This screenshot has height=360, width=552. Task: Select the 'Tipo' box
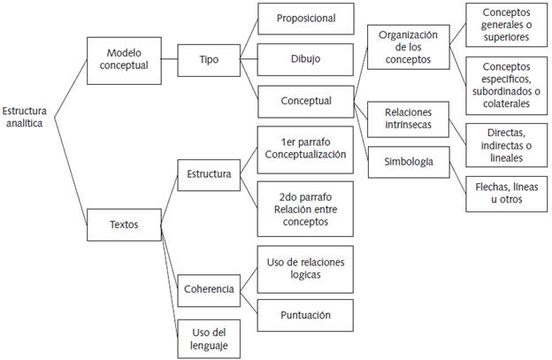(x=209, y=60)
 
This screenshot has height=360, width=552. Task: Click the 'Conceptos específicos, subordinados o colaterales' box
(x=507, y=84)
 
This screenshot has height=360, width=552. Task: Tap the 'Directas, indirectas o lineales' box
(x=507, y=143)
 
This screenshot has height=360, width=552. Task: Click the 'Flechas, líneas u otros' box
(x=507, y=192)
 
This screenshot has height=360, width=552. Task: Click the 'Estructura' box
(x=209, y=174)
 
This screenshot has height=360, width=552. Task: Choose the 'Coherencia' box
(x=209, y=289)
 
